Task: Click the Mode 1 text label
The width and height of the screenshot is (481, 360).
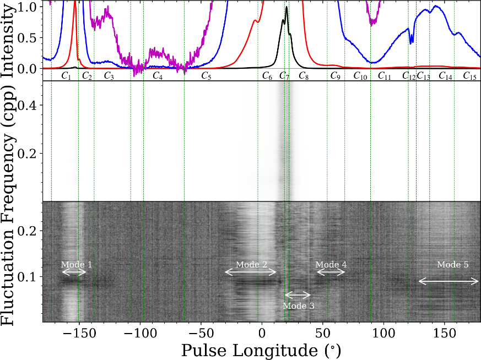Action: [x=77, y=265]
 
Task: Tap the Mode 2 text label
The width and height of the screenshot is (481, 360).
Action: [x=251, y=265]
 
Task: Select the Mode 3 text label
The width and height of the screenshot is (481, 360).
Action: [x=298, y=306]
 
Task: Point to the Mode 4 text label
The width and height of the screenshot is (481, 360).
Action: [x=331, y=265]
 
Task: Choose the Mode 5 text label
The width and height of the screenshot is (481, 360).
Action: [x=453, y=265]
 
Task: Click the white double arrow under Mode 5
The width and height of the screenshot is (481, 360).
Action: [x=448, y=282]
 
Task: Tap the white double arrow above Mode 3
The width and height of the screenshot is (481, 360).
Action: [x=298, y=295]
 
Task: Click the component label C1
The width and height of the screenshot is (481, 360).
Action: [x=66, y=76]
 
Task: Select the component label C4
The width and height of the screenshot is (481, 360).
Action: [x=158, y=76]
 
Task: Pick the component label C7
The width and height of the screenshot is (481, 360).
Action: [x=284, y=76]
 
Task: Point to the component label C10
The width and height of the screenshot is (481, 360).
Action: [x=360, y=76]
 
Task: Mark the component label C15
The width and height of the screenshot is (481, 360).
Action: [x=469, y=76]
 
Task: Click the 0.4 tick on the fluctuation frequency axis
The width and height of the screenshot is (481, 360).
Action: [x=29, y=105]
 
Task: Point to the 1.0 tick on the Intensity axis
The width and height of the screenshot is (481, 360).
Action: [x=29, y=7]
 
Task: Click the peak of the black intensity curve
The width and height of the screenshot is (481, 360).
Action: [x=287, y=7]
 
